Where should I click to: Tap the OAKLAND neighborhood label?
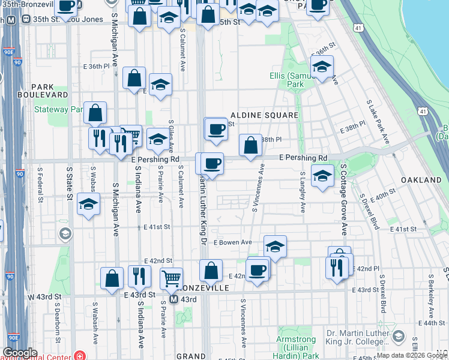(x=421, y=180)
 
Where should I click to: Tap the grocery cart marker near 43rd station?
(x=172, y=278)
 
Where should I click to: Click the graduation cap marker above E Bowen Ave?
(x=275, y=245)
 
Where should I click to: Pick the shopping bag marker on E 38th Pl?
(x=250, y=144)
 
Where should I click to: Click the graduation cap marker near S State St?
(x=88, y=204)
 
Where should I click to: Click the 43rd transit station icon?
(x=173, y=299)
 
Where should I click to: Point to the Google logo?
(x=20, y=353)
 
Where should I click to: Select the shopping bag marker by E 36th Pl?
(x=134, y=77)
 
